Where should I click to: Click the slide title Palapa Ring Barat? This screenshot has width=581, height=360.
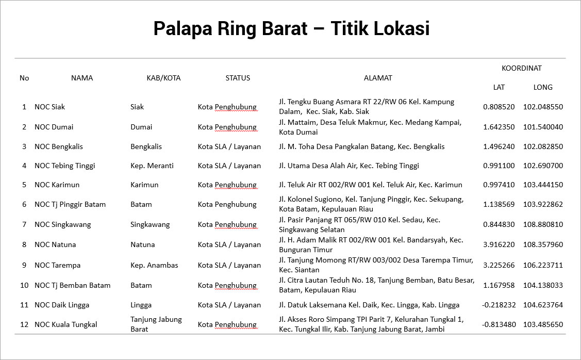point(291,28)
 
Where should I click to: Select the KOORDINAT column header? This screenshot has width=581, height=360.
point(521,68)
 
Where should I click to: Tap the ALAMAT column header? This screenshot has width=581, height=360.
point(378,78)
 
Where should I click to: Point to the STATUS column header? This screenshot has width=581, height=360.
point(238,78)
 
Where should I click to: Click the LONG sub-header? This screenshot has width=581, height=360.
point(542,87)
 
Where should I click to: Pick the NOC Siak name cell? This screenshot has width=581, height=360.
point(49,107)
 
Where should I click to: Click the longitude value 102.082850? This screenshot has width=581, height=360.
point(543,146)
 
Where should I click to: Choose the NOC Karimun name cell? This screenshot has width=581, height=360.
point(57,185)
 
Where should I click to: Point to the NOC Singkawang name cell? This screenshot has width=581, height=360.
point(62,224)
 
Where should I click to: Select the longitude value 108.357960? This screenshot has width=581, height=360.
point(543,244)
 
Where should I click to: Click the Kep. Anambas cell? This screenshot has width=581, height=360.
point(154,265)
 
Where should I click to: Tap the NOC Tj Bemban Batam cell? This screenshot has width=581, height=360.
point(72,285)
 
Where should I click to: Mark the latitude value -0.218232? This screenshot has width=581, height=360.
point(499,305)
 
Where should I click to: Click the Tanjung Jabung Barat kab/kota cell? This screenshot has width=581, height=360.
point(156,324)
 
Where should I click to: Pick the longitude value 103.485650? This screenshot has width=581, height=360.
point(543,324)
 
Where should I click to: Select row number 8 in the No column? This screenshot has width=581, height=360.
point(24,244)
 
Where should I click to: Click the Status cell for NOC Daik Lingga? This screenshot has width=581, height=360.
point(229,305)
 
